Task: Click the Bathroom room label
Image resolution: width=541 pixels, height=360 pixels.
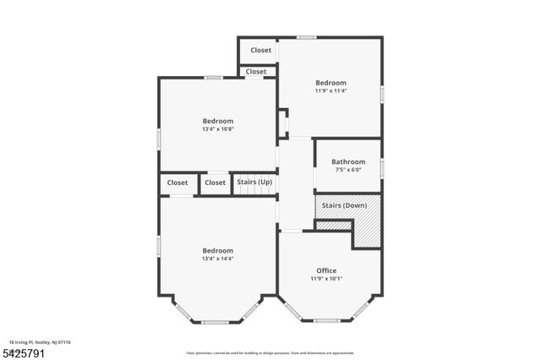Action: coord(348,161)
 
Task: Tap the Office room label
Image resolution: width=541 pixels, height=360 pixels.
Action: coord(326,270)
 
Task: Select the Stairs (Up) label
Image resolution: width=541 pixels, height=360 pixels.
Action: coord(254,182)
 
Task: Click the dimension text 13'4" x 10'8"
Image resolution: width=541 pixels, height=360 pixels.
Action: coord(217,129)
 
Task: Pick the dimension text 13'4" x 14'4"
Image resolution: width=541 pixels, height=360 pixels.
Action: coord(217,259)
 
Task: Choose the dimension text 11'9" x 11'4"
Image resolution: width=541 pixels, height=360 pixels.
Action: coord(331,90)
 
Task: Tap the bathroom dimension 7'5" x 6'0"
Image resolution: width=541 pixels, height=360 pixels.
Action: coord(348,170)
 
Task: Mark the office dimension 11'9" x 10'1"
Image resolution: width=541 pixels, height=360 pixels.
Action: coord(326,278)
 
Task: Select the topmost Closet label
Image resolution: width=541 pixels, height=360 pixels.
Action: coord(261,50)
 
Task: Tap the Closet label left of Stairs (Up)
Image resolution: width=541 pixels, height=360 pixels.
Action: coord(216,182)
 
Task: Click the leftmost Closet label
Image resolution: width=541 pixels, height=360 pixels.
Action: coord(178,182)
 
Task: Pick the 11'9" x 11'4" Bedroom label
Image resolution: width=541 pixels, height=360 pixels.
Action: coord(331,83)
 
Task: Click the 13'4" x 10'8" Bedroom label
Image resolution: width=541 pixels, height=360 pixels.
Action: coord(217,121)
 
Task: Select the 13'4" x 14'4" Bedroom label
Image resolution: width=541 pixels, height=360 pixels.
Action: coord(217,250)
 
